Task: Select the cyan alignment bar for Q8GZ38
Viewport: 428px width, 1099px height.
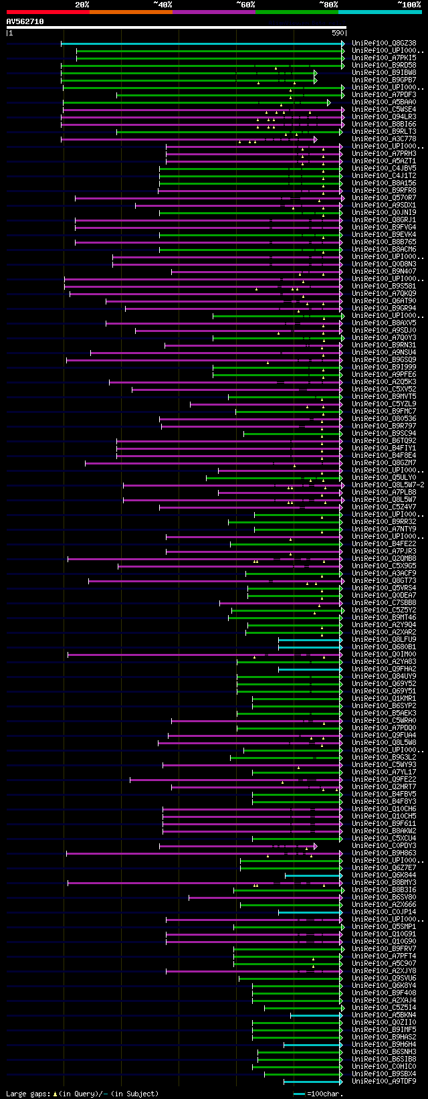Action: coord(201,44)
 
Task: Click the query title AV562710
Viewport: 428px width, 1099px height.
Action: coord(25,21)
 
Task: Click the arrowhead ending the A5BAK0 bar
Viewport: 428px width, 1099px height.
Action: coord(329,102)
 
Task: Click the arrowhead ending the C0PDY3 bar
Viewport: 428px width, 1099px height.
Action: coord(315,846)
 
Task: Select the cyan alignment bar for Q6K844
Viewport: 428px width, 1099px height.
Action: coord(313,875)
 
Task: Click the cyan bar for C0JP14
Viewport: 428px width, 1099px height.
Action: coord(310,912)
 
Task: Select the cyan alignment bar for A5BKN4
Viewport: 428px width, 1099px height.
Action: coord(316,1015)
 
